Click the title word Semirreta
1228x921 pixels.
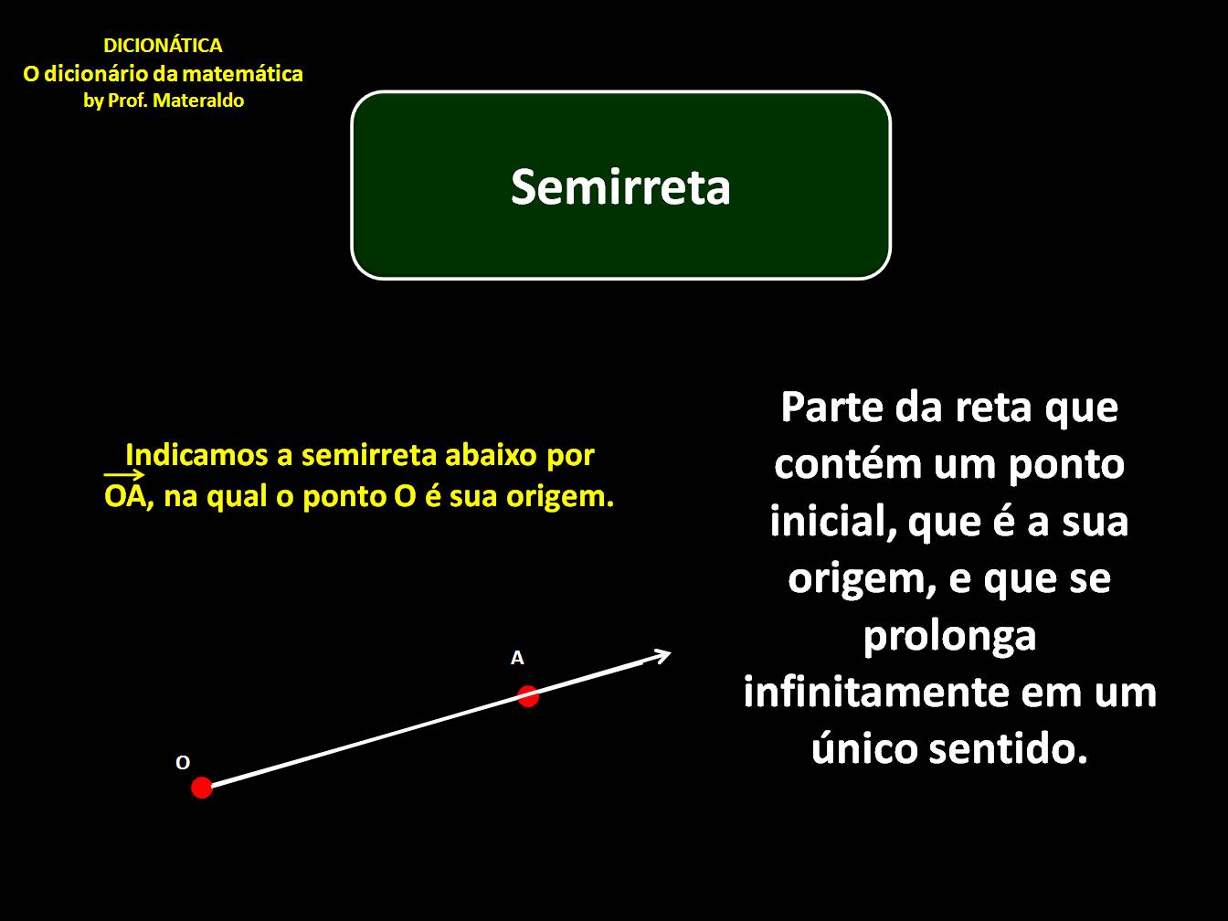pyautogui.click(x=620, y=186)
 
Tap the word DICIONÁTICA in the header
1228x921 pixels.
pyautogui.click(x=163, y=46)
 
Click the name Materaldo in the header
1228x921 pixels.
pyautogui.click(x=198, y=101)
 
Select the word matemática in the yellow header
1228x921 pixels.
pyautogui.click(x=248, y=74)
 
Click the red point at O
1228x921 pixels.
pyautogui.click(x=202, y=787)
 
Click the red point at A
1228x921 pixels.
pyautogui.click(x=528, y=696)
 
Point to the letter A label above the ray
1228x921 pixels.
pyautogui.click(x=517, y=658)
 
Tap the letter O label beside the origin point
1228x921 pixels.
pyautogui.click(x=183, y=763)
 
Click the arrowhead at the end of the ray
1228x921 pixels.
pyautogui.click(x=662, y=655)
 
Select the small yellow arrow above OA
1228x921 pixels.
pyautogui.click(x=124, y=474)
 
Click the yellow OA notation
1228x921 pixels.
pyautogui.click(x=125, y=496)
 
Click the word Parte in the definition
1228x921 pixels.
pyautogui.click(x=831, y=407)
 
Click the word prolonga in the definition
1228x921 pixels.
pyautogui.click(x=949, y=635)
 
